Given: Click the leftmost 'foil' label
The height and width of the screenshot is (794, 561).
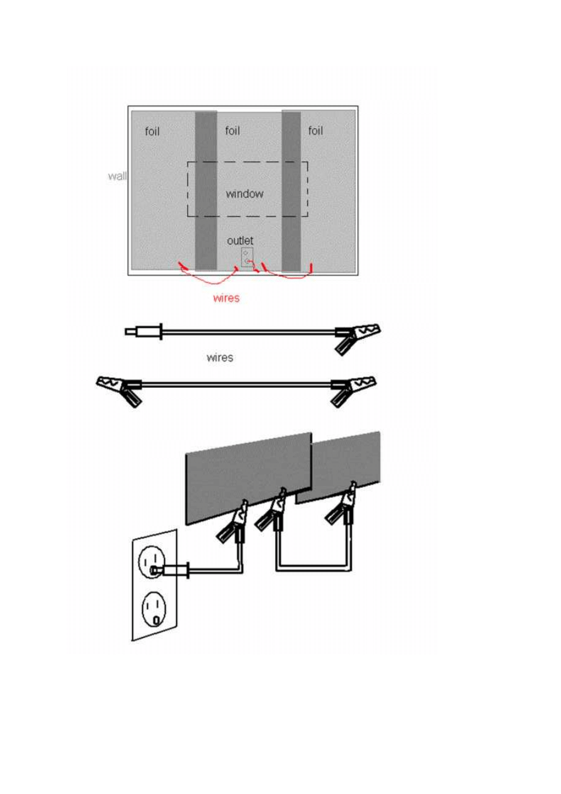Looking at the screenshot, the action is pos(152,131).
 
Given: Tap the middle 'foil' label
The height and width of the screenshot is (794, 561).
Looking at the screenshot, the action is pos(232,131).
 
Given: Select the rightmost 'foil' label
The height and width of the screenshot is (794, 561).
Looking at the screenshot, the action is pos(315,131).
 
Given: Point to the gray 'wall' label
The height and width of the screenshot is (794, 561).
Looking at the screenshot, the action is pos(117,176).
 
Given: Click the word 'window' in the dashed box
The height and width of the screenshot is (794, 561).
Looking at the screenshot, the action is pos(245,194).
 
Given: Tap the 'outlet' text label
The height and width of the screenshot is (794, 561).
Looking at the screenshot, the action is pos(240,241).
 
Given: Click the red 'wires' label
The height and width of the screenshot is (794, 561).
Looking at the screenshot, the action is pos(226,298).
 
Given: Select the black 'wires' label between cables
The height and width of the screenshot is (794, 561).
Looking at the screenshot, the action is pos(220,357).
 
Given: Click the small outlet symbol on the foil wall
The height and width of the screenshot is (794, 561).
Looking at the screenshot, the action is pos(247,257).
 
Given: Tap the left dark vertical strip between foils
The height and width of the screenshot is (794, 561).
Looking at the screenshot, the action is pos(206,190).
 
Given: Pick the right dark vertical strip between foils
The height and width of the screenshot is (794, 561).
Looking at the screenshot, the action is pos(291,190).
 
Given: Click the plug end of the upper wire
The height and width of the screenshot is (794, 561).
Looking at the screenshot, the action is pos(144,332).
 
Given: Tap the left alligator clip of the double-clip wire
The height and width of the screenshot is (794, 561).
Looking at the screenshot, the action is pos(119,391).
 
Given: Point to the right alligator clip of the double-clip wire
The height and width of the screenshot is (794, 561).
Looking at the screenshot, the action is pos(354,391).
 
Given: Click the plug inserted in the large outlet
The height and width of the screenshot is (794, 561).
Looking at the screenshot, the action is pos(170,570).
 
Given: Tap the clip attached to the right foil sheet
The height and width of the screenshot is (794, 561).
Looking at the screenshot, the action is pos(341,503).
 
